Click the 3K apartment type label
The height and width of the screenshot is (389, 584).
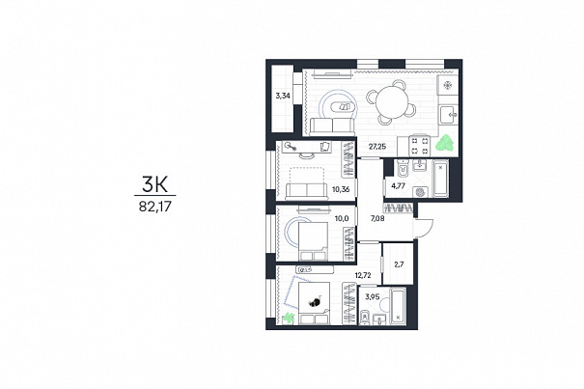click(155, 184)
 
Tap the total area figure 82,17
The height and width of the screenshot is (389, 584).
click(155, 206)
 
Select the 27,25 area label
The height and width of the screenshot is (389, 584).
click(377, 147)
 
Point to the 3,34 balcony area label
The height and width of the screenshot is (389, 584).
click(283, 96)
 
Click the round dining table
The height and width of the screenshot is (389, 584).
click(392, 102)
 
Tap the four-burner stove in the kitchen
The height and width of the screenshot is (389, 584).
click(420, 146)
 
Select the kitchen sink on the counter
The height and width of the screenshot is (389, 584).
click(449, 115)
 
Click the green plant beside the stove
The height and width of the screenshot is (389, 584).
click(445, 143)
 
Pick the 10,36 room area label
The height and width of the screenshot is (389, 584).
click(341, 189)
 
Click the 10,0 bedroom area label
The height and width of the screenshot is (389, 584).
click(342, 218)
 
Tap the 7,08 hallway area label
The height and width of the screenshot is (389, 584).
click(376, 218)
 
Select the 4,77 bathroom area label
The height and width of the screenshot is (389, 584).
click(398, 185)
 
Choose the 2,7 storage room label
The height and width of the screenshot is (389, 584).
click(399, 264)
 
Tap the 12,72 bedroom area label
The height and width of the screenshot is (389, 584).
click(364, 275)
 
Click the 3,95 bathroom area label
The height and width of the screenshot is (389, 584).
click(373, 297)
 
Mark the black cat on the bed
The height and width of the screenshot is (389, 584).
click(316, 301)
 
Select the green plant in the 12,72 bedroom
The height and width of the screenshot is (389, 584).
click(289, 318)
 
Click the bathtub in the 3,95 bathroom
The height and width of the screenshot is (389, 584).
click(398, 306)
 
